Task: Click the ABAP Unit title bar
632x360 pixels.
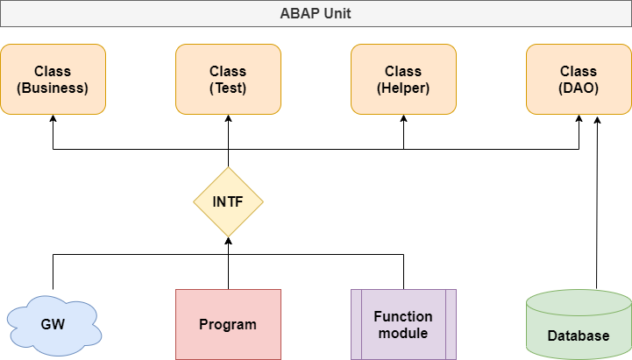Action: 316,14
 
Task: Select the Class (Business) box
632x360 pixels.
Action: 53,80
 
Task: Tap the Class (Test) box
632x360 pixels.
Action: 228,80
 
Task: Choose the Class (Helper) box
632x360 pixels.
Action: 403,80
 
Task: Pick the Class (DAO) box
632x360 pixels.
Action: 579,80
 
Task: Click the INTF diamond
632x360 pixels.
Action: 228,201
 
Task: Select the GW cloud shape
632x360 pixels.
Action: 54,325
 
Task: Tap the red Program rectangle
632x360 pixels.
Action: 228,324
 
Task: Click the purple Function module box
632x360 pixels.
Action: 403,324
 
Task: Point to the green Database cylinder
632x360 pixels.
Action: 579,325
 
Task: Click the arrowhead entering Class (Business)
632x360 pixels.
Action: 53,118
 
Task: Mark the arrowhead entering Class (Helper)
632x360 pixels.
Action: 403,118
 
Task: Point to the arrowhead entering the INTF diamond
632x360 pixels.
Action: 228,240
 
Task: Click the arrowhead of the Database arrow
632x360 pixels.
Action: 597,120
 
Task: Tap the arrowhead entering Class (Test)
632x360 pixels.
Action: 228,118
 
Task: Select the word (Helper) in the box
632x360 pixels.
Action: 403,88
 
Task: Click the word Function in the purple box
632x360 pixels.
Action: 403,316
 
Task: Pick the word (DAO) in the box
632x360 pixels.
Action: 579,88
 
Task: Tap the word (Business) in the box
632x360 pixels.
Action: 53,88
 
